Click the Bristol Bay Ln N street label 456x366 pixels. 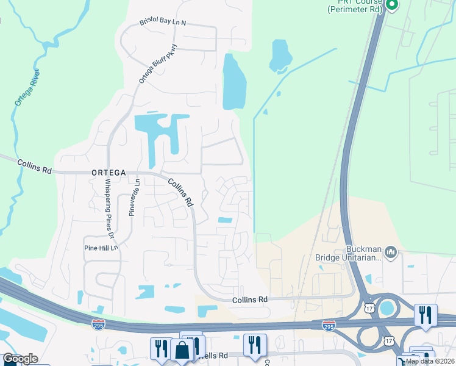click(x=162, y=21)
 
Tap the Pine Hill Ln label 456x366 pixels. click(x=101, y=248)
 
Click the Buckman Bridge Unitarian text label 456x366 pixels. click(x=347, y=253)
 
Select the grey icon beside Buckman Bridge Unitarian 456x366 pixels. click(x=391, y=251)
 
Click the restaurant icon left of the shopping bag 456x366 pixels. click(x=161, y=348)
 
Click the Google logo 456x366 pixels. click(x=21, y=359)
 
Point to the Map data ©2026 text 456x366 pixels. click(x=430, y=361)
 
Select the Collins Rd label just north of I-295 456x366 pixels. click(x=250, y=300)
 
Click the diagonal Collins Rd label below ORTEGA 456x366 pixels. click(x=180, y=192)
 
